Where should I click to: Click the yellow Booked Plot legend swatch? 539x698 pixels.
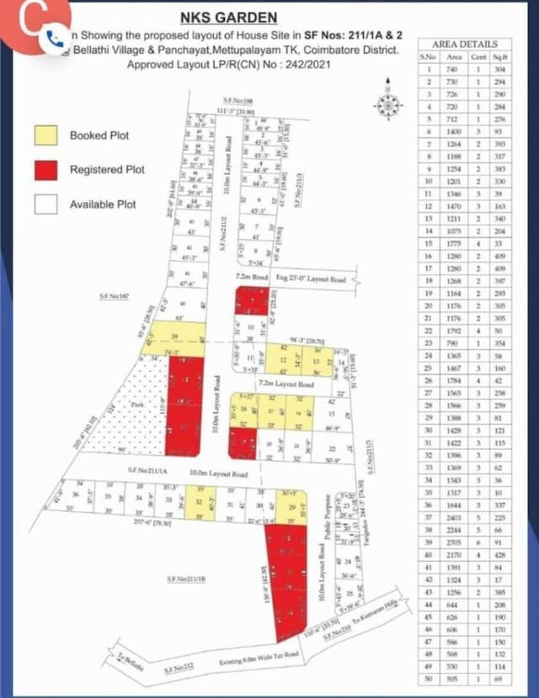(46, 135)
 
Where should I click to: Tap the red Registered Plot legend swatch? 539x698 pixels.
(46, 169)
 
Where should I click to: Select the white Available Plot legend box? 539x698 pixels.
(46, 204)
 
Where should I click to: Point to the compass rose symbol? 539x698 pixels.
(387, 104)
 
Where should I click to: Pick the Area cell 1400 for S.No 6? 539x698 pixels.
(454, 133)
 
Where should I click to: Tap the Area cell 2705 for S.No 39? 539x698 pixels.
(454, 542)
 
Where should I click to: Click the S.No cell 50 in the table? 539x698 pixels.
(429, 679)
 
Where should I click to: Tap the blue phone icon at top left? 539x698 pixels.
(56, 37)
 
